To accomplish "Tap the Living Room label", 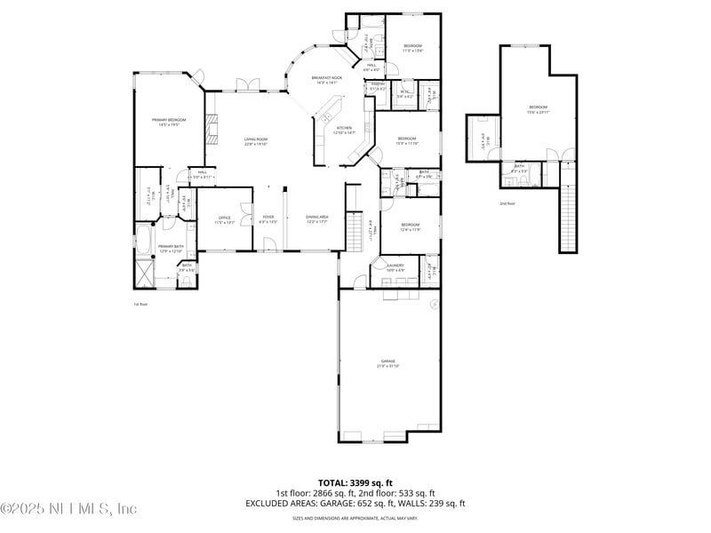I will coord(256,141).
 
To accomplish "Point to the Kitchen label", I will coord(344,130).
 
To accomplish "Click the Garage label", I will coord(388,362).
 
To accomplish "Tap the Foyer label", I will coord(268,219).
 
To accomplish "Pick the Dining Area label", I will coord(317,219).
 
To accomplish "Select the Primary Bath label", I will coord(171,248).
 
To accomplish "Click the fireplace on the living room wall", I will coord(211,130).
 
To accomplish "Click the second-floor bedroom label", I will coord(539,110).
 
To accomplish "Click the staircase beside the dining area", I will coord(355,232).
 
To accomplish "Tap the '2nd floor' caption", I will coord(507,203).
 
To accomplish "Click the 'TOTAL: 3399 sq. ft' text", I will coord(355,482).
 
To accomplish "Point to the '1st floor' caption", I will coord(140,304).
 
